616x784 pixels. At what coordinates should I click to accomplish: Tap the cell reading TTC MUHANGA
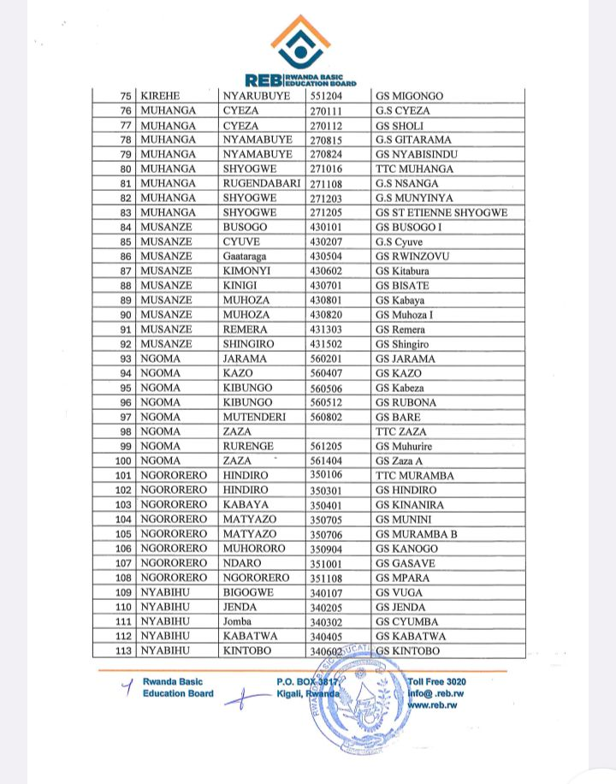tap(414, 169)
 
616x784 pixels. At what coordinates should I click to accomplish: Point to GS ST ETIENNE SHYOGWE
tap(441, 212)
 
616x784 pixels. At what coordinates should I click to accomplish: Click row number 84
tap(126, 227)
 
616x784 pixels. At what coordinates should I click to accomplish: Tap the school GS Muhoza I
tap(405, 315)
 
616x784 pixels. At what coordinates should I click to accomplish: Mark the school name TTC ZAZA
tap(400, 431)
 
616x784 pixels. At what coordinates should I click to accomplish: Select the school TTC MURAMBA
tap(415, 475)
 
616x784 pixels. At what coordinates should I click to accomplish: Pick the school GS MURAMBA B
tap(416, 534)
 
